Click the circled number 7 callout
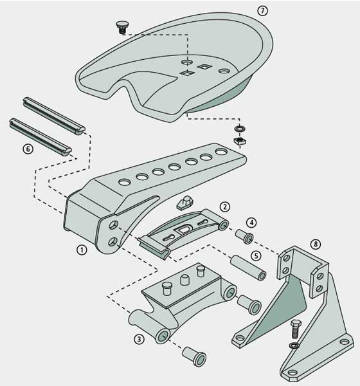262,11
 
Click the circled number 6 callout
28,149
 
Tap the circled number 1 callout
82,250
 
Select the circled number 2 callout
224,207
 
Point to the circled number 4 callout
251,223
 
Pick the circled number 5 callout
256,256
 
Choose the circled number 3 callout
139,339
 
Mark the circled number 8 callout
316,244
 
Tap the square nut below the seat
240,141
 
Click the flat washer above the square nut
240,129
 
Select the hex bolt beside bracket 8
295,329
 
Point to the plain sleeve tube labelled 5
248,268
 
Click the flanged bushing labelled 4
244,236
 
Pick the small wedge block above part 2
184,203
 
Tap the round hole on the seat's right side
224,71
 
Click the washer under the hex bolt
294,345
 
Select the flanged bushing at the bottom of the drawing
194,356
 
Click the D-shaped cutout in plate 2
182,230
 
